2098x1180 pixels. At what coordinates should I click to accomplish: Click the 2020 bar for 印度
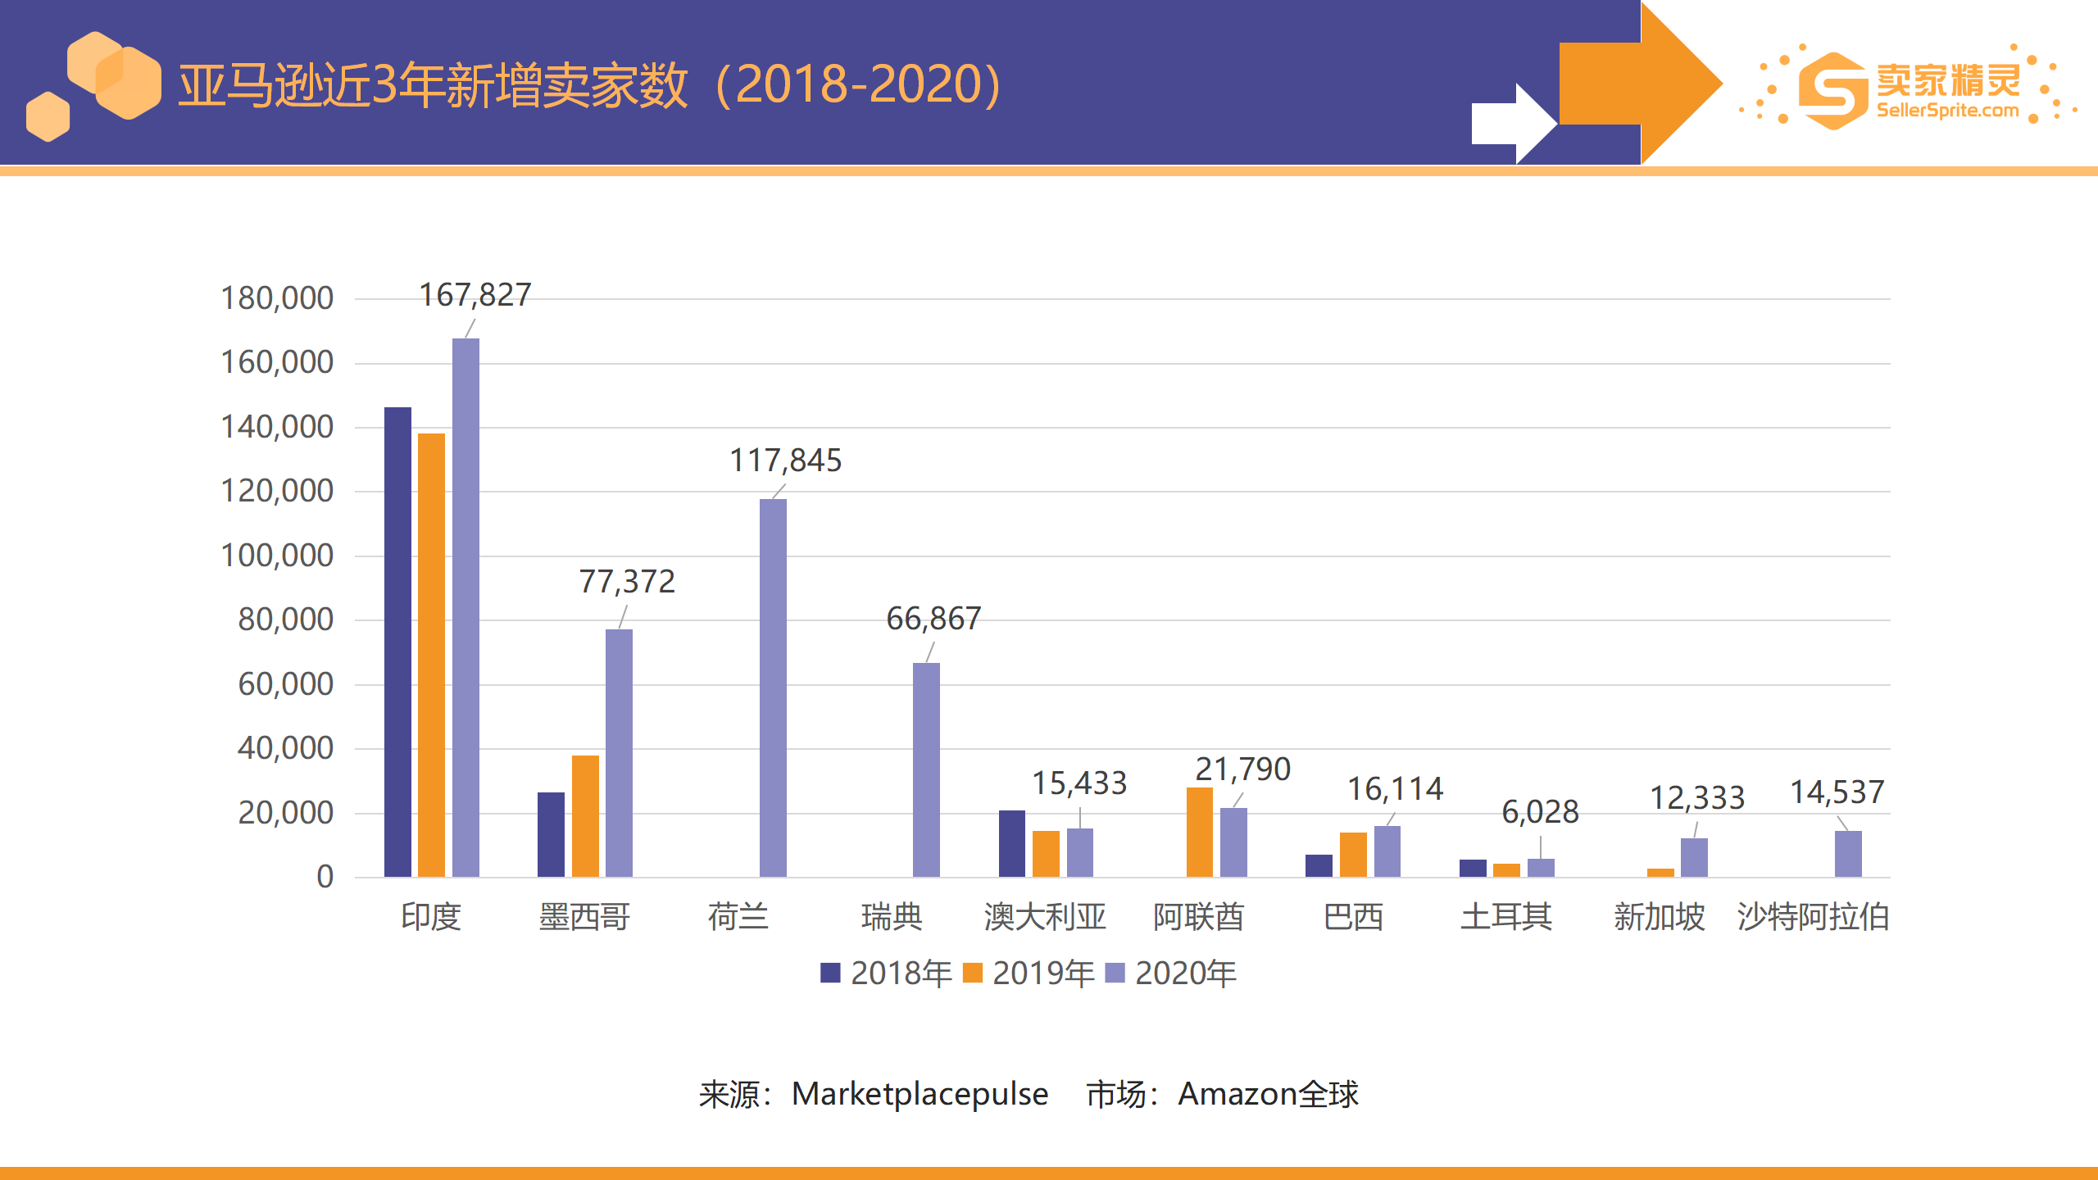point(465,607)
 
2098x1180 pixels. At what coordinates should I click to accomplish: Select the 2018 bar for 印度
point(397,642)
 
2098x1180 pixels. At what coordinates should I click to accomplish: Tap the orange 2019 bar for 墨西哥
point(585,816)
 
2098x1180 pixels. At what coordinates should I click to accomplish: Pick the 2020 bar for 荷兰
point(773,688)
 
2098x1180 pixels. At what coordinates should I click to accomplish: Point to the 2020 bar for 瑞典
point(926,769)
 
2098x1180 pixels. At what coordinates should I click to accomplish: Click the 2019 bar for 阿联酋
point(1200,832)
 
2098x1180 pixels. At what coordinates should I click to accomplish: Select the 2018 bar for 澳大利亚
point(1012,843)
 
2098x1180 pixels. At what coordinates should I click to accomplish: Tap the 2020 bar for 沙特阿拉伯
point(1848,854)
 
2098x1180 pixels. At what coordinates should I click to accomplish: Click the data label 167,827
point(475,295)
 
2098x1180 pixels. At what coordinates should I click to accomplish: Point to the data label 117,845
point(786,461)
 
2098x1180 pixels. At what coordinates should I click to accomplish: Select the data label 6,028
point(1540,812)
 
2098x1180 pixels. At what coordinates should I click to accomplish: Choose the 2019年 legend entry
point(1029,973)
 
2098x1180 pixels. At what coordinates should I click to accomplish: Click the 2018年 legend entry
point(887,973)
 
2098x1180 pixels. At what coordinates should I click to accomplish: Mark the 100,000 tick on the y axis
point(277,556)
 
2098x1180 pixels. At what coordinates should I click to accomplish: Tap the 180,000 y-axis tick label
point(277,298)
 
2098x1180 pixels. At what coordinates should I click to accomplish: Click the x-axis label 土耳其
point(1506,916)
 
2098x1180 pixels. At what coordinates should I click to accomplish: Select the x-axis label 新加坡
point(1660,916)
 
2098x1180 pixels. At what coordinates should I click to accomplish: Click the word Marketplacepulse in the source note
point(920,1094)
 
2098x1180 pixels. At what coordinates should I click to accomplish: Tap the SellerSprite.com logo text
point(1947,111)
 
